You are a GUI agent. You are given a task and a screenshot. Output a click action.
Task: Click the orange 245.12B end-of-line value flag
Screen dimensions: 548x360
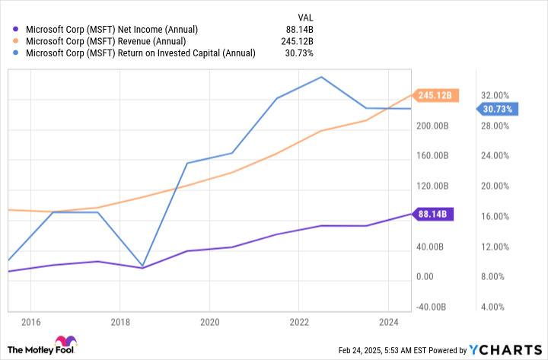[x=435, y=95]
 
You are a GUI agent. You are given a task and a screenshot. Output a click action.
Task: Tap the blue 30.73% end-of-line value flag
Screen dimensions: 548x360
[x=497, y=109]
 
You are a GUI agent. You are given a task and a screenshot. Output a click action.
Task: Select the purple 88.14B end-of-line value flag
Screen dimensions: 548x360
[x=432, y=214]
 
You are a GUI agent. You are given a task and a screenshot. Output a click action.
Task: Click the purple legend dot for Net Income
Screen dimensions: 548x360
[x=15, y=30]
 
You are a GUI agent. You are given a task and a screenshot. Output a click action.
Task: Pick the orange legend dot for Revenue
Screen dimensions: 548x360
[x=15, y=41]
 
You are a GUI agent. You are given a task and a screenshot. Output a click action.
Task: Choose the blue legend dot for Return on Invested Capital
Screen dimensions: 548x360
[x=15, y=53]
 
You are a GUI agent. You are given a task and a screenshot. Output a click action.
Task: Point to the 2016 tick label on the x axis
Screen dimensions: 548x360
[x=30, y=322]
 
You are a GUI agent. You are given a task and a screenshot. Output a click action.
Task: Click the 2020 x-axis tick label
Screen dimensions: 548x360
[x=210, y=322]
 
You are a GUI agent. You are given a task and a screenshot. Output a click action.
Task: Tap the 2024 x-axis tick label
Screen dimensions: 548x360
[x=389, y=322]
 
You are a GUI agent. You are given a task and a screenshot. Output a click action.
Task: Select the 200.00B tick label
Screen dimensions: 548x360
[x=432, y=126]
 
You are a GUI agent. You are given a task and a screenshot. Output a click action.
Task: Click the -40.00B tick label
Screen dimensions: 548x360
[x=431, y=307]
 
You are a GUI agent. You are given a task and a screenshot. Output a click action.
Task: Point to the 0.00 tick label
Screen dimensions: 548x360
[x=425, y=277]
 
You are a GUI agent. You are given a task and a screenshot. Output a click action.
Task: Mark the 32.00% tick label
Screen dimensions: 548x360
[x=495, y=95]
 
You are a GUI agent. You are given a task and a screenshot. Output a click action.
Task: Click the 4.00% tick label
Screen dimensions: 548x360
[x=492, y=307]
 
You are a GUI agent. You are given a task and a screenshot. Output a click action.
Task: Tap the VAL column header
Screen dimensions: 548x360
[x=305, y=18]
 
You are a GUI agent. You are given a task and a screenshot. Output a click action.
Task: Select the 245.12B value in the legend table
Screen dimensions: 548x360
[x=297, y=41]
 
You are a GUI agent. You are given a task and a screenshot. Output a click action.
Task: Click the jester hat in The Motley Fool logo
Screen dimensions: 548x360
[x=65, y=341]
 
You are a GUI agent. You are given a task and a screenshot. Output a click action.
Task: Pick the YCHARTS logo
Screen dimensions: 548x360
[x=505, y=350]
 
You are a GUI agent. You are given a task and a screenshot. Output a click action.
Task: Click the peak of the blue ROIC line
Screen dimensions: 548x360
[x=321, y=77]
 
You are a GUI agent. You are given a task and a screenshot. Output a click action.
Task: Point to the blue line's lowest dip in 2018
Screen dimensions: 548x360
[x=142, y=266]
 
